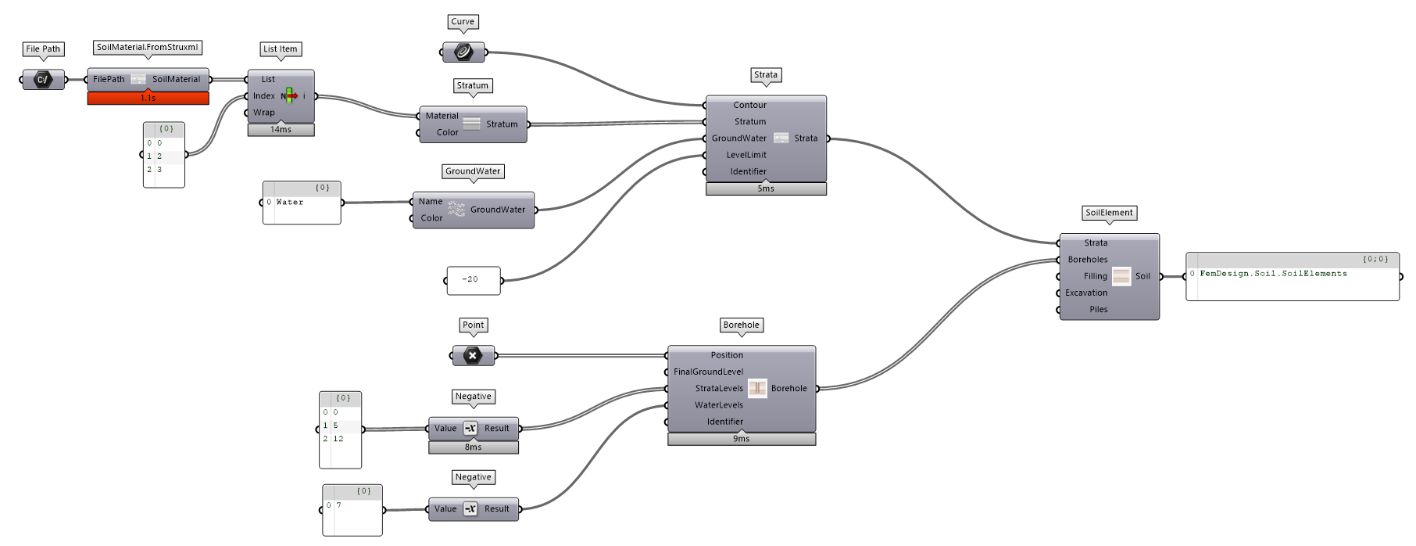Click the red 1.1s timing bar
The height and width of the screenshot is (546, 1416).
148,99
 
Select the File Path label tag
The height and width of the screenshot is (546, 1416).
43,49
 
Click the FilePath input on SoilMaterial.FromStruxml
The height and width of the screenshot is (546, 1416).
109,79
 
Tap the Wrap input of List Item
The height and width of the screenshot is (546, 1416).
263,113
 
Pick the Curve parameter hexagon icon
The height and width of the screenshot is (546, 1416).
463,52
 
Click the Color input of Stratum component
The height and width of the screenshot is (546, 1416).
447,132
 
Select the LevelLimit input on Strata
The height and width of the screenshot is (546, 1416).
746,155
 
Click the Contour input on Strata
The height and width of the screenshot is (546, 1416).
749,105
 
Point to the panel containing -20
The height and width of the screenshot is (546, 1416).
474,280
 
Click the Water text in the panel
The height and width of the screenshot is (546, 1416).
290,203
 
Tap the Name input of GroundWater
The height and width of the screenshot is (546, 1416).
430,202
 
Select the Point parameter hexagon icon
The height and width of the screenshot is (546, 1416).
473,356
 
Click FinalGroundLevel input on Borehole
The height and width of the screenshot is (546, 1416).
708,372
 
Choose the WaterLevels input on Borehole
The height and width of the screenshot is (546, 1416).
718,405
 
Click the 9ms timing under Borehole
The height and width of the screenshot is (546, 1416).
741,439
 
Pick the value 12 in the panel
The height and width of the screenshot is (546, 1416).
338,439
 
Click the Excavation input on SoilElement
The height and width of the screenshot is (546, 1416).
1085,293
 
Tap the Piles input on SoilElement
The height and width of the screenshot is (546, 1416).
1098,309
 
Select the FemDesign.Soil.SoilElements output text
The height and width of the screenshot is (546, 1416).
1273,274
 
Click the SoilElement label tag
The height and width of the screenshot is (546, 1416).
1109,213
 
